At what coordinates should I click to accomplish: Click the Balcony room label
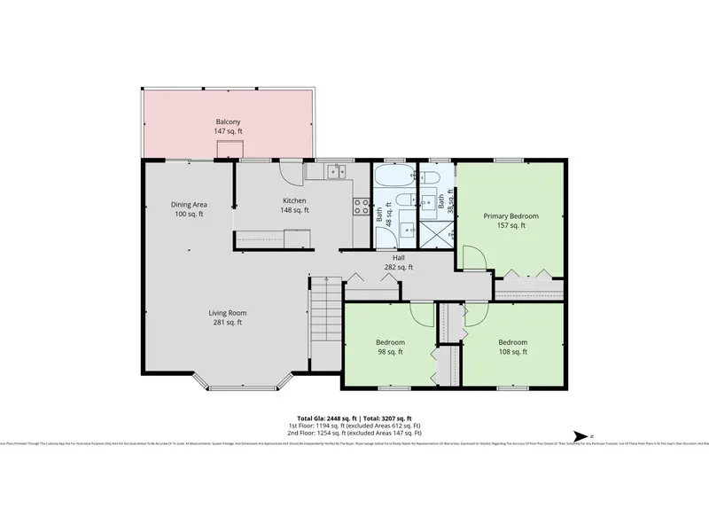pos(228,127)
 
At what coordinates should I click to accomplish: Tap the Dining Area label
pos(189,209)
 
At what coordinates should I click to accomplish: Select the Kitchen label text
pos(295,206)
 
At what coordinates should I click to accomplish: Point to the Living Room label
pos(227,317)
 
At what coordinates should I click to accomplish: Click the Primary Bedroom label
pos(510,221)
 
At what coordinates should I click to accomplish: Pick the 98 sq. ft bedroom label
pos(390,347)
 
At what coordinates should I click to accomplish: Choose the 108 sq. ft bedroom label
pos(512,347)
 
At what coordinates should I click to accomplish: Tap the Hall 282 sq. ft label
pos(399,262)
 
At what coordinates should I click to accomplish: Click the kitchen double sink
pos(335,172)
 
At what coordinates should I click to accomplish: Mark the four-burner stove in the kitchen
pos(362,207)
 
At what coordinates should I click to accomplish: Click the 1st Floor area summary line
pos(354,426)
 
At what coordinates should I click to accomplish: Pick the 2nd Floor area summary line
pos(354,434)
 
